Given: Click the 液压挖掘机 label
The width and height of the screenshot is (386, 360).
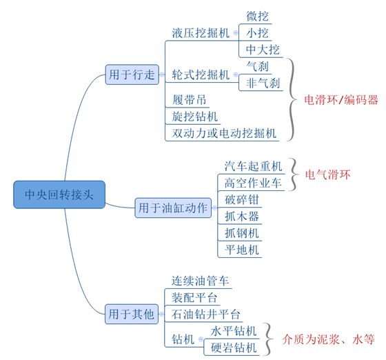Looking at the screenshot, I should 199,32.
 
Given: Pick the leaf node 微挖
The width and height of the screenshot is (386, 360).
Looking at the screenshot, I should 259,16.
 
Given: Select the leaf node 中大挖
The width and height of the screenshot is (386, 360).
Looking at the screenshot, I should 261,50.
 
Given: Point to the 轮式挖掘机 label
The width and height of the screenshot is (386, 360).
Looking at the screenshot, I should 199,74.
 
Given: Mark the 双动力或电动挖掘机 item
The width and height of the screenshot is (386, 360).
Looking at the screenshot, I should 224,132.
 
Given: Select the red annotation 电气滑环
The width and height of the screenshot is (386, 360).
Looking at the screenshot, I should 327,175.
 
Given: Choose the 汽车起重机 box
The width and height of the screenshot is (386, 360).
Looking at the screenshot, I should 254,167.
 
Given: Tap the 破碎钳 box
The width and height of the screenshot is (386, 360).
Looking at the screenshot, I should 242,200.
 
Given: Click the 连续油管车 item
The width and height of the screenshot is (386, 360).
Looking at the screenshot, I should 201,281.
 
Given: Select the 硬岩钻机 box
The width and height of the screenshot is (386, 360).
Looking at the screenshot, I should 234,347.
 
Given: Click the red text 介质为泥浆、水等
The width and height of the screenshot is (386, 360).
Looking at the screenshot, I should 329,339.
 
